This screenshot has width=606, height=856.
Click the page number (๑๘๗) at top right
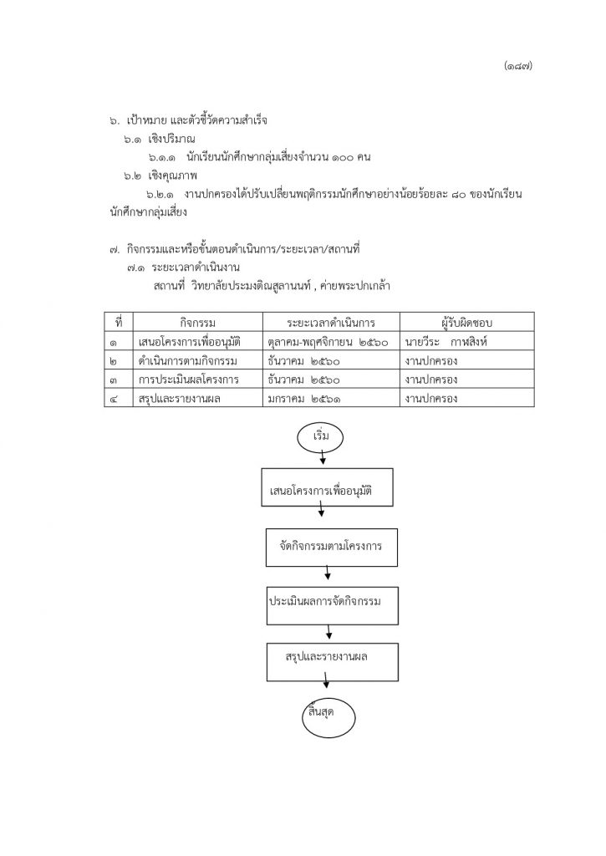click(x=518, y=66)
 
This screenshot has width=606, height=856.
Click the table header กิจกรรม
click(x=197, y=322)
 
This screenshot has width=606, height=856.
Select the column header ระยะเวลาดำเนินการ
click(x=331, y=322)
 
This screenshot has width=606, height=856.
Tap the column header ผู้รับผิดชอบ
click(x=466, y=322)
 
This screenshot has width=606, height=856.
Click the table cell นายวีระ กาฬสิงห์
click(x=446, y=342)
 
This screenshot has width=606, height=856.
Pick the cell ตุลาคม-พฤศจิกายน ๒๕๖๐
click(x=328, y=342)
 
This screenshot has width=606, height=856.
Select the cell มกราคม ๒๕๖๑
click(x=304, y=399)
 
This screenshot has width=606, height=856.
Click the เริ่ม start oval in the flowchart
click(x=320, y=436)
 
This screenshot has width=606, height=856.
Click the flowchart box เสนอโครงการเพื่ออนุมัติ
click(x=327, y=487)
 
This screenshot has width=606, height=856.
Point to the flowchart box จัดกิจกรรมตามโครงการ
click(x=331, y=547)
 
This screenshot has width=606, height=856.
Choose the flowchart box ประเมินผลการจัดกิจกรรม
click(x=332, y=605)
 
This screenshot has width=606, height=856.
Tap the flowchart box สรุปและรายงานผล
click(x=332, y=662)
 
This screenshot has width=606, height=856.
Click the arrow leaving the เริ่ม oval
click(x=323, y=457)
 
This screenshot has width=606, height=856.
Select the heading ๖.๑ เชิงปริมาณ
click(x=159, y=140)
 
